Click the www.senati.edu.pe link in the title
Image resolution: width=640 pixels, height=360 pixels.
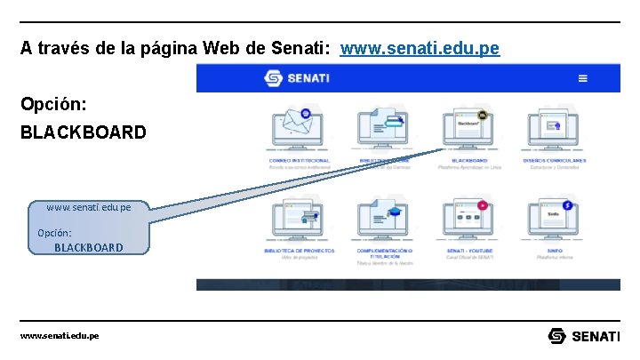click(x=420, y=48)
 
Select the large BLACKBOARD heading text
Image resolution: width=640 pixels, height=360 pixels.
click(x=84, y=132)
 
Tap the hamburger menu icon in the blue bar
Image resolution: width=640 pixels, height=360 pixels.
click(x=583, y=78)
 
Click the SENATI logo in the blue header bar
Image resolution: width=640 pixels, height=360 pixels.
click(x=297, y=78)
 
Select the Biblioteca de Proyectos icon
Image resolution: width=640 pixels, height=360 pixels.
click(x=298, y=219)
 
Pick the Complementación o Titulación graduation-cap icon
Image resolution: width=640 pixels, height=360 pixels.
click(x=384, y=219)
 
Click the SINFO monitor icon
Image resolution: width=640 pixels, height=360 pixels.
click(x=554, y=219)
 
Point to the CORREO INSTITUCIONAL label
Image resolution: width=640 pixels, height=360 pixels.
click(x=299, y=161)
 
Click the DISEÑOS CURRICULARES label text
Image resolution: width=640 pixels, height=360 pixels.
click(x=555, y=161)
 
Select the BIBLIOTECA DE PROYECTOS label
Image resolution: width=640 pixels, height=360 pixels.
click(x=299, y=252)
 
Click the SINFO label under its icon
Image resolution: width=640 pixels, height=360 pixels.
click(x=555, y=252)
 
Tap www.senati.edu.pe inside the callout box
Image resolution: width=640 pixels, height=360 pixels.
click(x=88, y=207)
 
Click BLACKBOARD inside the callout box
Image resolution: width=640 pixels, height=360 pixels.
click(x=88, y=247)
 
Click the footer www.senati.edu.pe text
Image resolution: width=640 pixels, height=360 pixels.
click(x=60, y=336)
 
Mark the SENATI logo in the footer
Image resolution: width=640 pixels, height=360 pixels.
click(x=584, y=336)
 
